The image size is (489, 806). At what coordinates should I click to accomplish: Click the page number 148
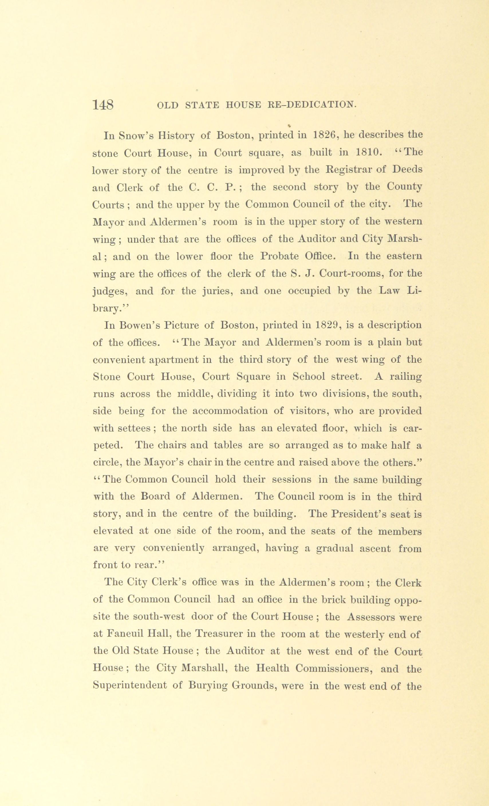pos(103,105)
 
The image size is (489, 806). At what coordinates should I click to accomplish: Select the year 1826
pos(325,135)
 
